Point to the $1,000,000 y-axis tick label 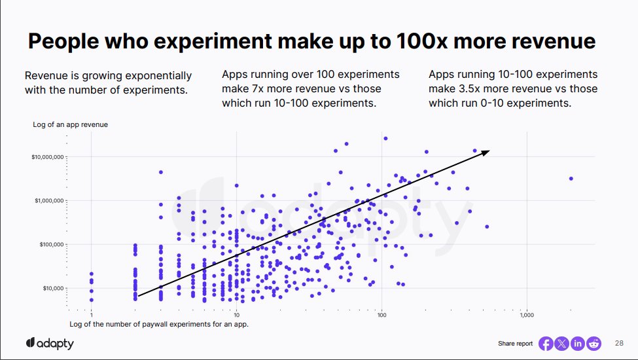coord(49,201)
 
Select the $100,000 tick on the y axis coord(50,245)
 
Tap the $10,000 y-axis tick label coord(52,288)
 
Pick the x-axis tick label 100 coord(381,315)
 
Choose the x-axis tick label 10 coord(236,315)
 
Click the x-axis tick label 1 coord(92,315)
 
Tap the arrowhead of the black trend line coord(485,153)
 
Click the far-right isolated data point coord(571,178)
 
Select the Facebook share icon coord(546,344)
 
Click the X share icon coord(561,344)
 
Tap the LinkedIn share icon coord(578,344)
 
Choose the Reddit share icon coord(594,344)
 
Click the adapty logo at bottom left coord(50,344)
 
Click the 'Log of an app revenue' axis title coord(70,124)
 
